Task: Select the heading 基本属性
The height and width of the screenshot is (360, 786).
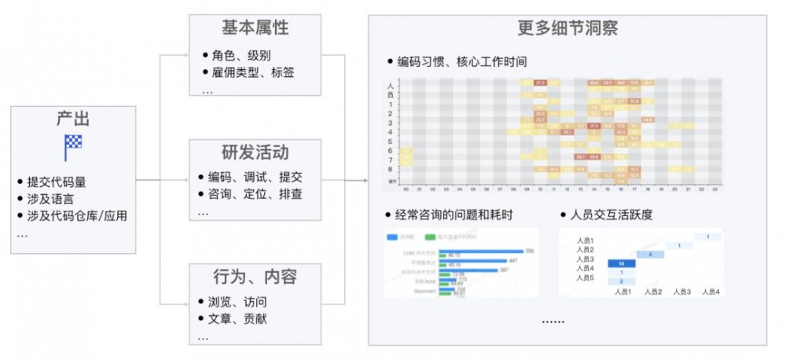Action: pyautogui.click(x=255, y=28)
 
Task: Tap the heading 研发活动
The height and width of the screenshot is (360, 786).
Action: pyautogui.click(x=255, y=152)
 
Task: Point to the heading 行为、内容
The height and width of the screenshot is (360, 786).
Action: pyautogui.click(x=255, y=277)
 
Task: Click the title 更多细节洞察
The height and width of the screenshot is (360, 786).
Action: pyautogui.click(x=567, y=29)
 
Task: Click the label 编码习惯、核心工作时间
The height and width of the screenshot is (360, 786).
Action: pyautogui.click(x=461, y=61)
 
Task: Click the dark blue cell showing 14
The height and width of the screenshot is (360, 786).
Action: pyautogui.click(x=621, y=263)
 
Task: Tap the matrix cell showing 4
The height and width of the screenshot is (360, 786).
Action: pyautogui.click(x=650, y=254)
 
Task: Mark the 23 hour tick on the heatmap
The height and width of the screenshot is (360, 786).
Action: pyautogui.click(x=714, y=189)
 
